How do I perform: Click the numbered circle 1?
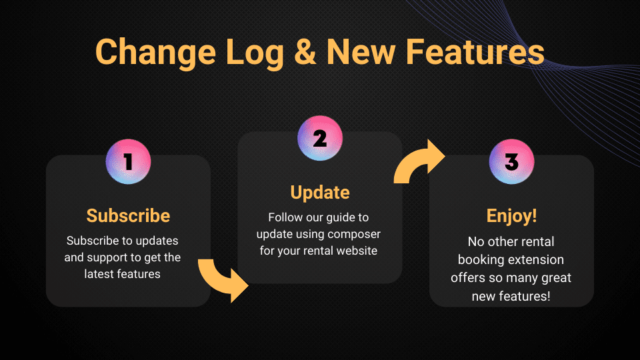(x=128, y=161)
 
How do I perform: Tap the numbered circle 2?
(x=320, y=139)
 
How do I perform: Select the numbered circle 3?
(x=511, y=161)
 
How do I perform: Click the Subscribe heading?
(x=128, y=215)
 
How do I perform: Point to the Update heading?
(x=320, y=193)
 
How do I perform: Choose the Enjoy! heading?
(x=511, y=216)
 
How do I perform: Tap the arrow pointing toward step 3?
(x=419, y=161)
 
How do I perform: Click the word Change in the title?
(x=155, y=52)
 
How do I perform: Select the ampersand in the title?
(x=305, y=52)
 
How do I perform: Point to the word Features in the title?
(x=475, y=52)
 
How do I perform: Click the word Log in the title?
(x=254, y=52)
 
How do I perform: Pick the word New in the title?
(x=361, y=52)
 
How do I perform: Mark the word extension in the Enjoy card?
(x=536, y=259)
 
